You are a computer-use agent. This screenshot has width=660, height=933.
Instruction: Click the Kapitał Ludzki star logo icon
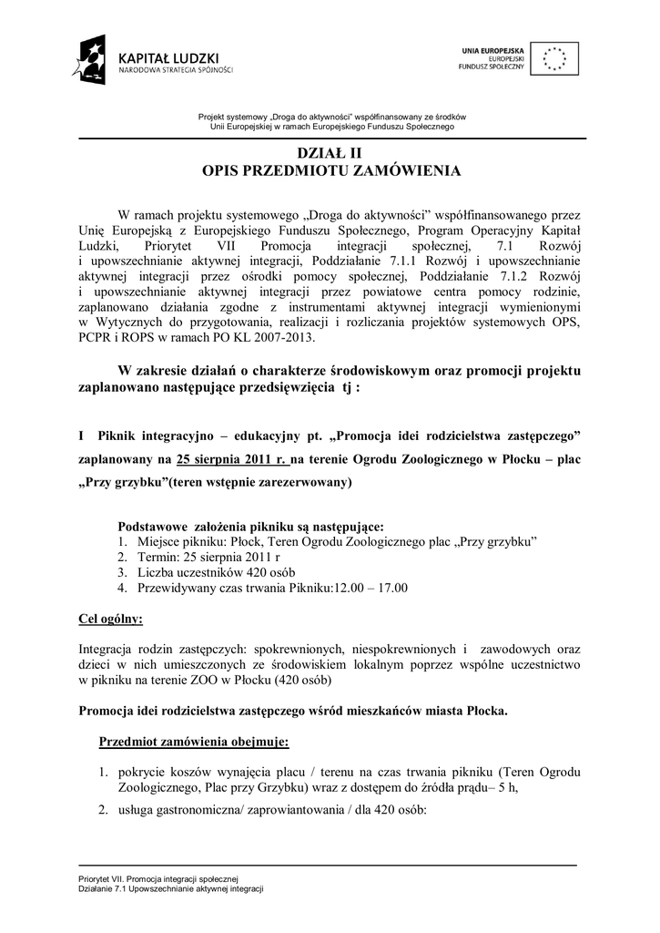[94, 60]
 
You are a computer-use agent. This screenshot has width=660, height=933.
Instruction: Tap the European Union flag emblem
[554, 58]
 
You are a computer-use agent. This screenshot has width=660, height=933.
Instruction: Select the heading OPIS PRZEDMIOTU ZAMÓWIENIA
[330, 170]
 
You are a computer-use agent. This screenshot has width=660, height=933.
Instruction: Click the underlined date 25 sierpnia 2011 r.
[231, 458]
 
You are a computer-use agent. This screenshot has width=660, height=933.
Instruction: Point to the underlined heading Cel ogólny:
[111, 620]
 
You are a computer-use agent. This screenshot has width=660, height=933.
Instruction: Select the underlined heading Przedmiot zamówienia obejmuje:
[194, 742]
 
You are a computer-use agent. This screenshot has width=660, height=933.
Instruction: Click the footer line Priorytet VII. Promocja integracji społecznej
[157, 877]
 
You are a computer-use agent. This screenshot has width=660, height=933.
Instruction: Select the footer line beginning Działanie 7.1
[170, 888]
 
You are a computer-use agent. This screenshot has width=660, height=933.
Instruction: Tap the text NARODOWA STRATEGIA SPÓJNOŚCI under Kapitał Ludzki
[177, 69]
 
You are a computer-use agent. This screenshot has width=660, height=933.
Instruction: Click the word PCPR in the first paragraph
[96, 336]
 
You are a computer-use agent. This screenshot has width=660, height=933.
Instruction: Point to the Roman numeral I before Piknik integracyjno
[82, 436]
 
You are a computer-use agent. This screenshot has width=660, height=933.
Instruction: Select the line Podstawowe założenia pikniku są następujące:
[251, 527]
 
